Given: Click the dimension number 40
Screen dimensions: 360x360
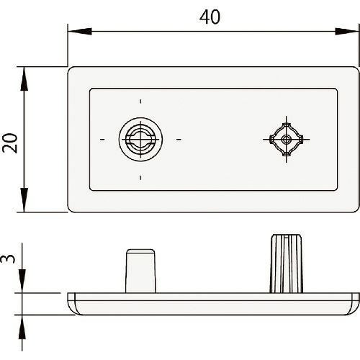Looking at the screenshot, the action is tap(210, 17).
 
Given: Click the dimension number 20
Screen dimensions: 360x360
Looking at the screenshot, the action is tap(10, 143).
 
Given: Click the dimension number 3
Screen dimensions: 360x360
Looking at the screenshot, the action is tap(8, 259).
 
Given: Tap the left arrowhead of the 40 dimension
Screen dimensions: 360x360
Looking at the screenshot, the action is tap(80, 32).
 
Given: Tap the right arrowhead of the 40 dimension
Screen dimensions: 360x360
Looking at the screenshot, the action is tap(347, 32).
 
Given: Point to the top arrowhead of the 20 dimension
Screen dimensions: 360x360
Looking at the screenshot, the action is tap(24, 78).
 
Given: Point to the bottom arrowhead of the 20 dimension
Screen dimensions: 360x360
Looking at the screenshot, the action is tap(24, 200).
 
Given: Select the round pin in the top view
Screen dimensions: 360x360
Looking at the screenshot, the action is tap(140, 139).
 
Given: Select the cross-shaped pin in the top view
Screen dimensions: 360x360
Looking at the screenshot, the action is tap(286, 139).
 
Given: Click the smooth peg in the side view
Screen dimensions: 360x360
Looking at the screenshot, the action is tap(140, 271).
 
